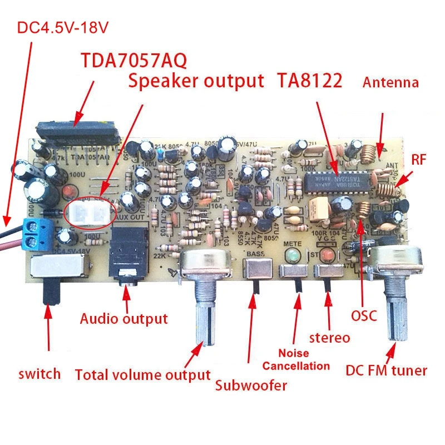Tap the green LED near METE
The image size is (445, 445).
[x=290, y=256]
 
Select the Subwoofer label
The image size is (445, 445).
[x=251, y=385]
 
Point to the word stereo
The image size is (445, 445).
[x=330, y=338]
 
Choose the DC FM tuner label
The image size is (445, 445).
[x=386, y=370]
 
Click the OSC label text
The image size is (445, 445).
[x=364, y=316]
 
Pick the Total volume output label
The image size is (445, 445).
[x=142, y=375]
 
